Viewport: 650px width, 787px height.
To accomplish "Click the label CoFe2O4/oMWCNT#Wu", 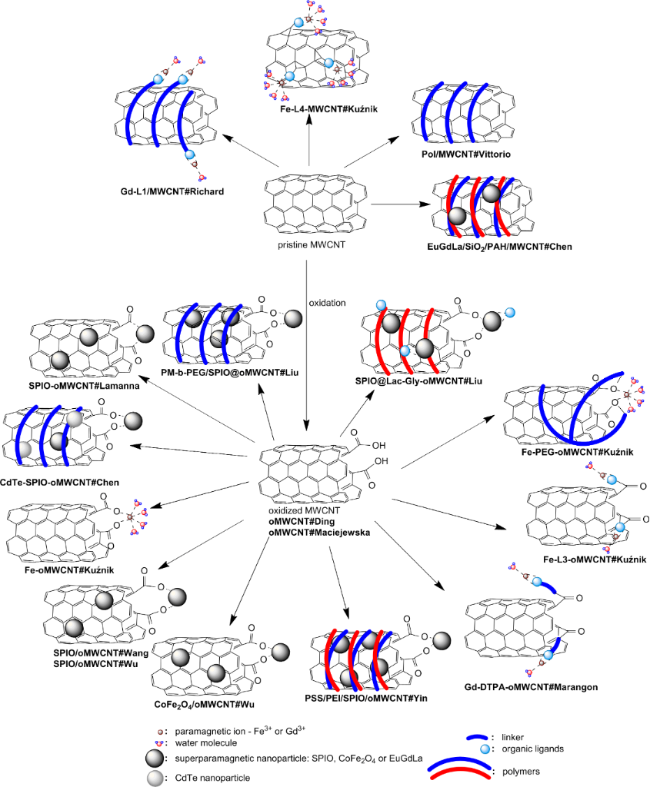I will [200, 702].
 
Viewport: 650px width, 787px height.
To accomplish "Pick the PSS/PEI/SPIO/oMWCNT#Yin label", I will [366, 699].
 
